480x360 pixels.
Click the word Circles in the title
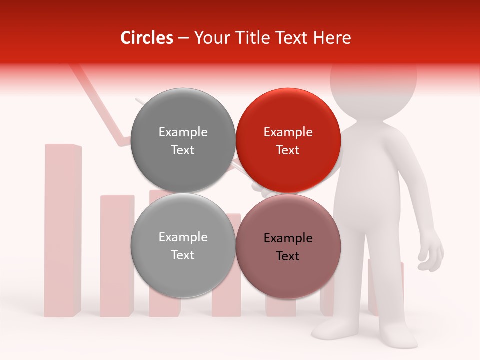pos(146,38)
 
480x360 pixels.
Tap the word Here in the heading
pos(332,38)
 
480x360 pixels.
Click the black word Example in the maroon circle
pos(288,238)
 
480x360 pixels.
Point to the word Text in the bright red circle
pos(288,150)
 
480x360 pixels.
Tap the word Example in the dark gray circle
pos(183,132)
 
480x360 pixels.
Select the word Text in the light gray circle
pos(183,255)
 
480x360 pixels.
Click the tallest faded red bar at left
pos(63,230)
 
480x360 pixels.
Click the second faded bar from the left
pos(117,255)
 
